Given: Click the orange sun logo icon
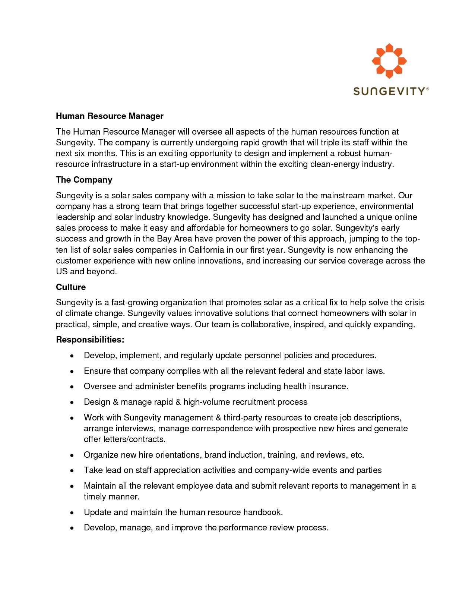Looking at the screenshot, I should click(389, 61).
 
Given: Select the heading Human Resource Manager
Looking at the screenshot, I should click(110, 116).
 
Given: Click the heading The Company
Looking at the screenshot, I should click(84, 180).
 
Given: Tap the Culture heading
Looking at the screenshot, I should click(71, 287).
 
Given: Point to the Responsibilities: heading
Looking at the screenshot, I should click(90, 340).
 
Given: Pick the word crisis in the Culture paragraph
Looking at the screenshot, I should click(415, 302).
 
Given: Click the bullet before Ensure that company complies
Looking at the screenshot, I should click(72, 371).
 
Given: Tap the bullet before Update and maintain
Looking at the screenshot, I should click(72, 512).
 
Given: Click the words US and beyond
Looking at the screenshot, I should click(86, 271).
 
